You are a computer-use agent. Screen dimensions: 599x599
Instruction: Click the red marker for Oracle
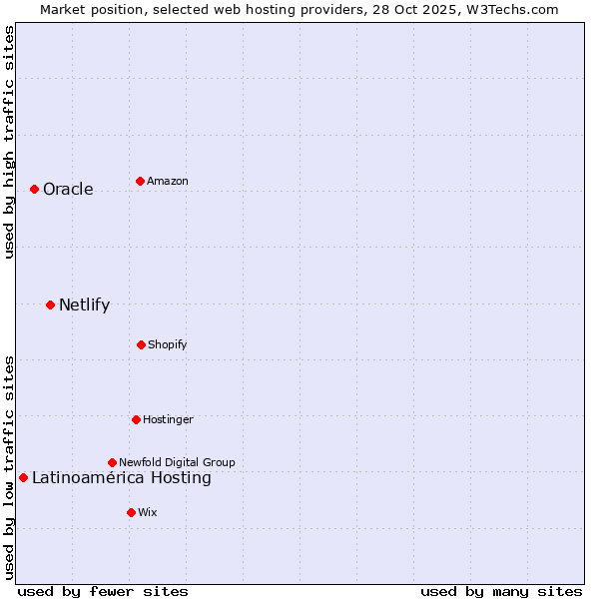(34, 189)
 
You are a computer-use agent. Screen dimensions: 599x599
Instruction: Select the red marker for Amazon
(140, 181)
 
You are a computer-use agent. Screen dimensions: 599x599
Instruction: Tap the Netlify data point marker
(50, 304)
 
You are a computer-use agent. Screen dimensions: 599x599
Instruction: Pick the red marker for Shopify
(141, 344)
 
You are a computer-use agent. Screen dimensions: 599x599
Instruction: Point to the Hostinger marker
(136, 419)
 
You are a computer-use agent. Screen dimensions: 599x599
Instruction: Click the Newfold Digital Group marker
(112, 462)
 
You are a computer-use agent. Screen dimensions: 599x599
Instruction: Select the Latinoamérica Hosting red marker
(23, 477)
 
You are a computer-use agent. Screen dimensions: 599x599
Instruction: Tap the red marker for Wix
(131, 512)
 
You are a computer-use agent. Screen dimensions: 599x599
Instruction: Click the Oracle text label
(68, 190)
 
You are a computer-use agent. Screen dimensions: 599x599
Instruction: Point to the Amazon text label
(168, 182)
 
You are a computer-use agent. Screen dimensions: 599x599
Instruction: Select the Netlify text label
(84, 305)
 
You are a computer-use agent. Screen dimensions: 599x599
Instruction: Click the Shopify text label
(168, 345)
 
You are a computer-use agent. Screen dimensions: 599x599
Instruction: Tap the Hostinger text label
(168, 420)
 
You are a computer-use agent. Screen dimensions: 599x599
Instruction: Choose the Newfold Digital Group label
(177, 463)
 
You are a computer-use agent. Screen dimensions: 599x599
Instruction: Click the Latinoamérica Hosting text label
(121, 478)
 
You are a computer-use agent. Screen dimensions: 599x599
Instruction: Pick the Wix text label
(148, 513)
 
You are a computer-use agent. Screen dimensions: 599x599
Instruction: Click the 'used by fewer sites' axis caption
(103, 591)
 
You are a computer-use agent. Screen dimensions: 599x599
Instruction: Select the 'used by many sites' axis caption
(501, 591)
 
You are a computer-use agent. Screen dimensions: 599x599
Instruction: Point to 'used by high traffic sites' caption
(9, 142)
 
